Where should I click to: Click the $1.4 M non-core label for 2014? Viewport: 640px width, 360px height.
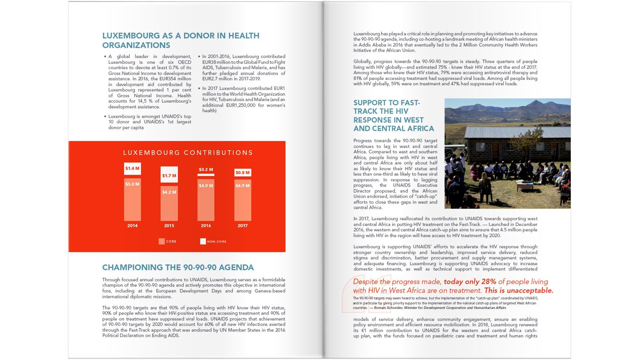pos(132,169)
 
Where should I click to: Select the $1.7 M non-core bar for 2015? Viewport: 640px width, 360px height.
pos(169,175)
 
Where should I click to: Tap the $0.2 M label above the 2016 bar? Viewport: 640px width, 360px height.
pos(206,170)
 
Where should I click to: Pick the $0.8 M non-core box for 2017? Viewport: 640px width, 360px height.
pos(243,173)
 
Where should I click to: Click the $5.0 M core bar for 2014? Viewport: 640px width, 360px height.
pos(132,200)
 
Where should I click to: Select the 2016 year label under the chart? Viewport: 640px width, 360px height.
pos(206,226)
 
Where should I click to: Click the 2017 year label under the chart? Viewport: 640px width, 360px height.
pos(243,226)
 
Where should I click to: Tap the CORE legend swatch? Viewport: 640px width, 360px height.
pos(162,241)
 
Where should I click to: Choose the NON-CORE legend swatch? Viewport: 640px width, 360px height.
pos(203,241)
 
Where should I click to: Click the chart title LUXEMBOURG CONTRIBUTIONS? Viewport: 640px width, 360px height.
pos(188,153)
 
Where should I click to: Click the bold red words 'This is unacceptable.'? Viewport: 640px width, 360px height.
pos(519,290)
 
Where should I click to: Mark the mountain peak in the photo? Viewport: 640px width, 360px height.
pos(536,102)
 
